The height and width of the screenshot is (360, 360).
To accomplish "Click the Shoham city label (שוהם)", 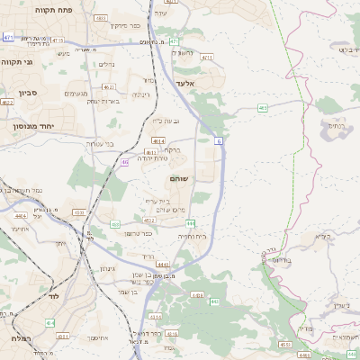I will click(x=178, y=179).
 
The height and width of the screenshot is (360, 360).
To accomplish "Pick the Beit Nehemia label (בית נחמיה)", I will click(x=193, y=236).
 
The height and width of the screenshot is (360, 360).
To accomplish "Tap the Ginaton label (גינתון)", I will click(x=106, y=268).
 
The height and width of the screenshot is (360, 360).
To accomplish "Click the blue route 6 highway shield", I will click(x=218, y=139).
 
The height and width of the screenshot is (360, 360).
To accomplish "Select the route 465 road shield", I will click(x=262, y=108).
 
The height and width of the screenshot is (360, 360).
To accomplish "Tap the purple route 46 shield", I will click(x=124, y=162).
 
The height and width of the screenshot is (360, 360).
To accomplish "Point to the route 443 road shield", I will click(x=214, y=301).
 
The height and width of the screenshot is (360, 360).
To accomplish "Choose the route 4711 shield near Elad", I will click(x=206, y=58).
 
